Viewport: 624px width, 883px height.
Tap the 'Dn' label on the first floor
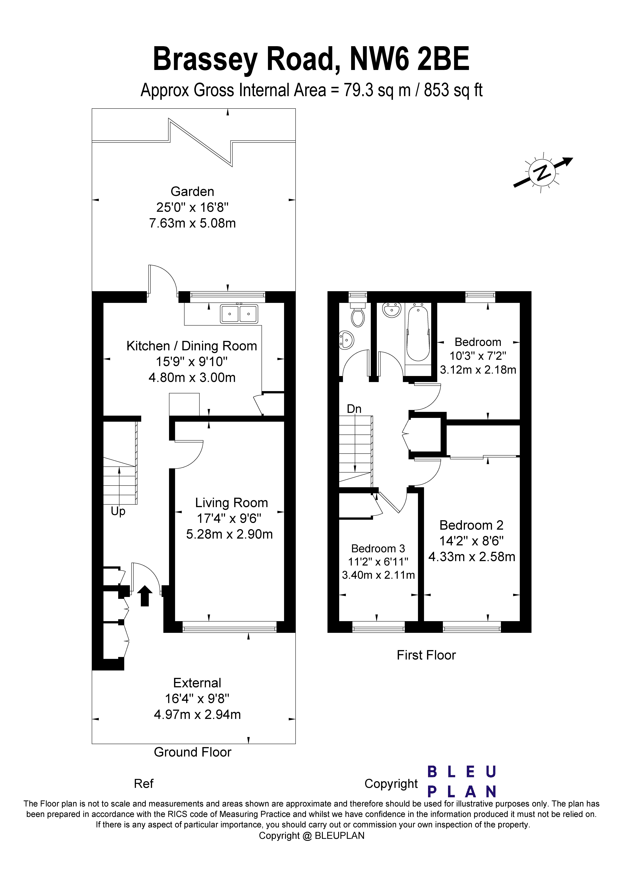354,409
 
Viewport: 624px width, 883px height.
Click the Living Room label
231,503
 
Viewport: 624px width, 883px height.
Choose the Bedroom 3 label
378,548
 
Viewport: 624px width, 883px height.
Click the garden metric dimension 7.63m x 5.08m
192,223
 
